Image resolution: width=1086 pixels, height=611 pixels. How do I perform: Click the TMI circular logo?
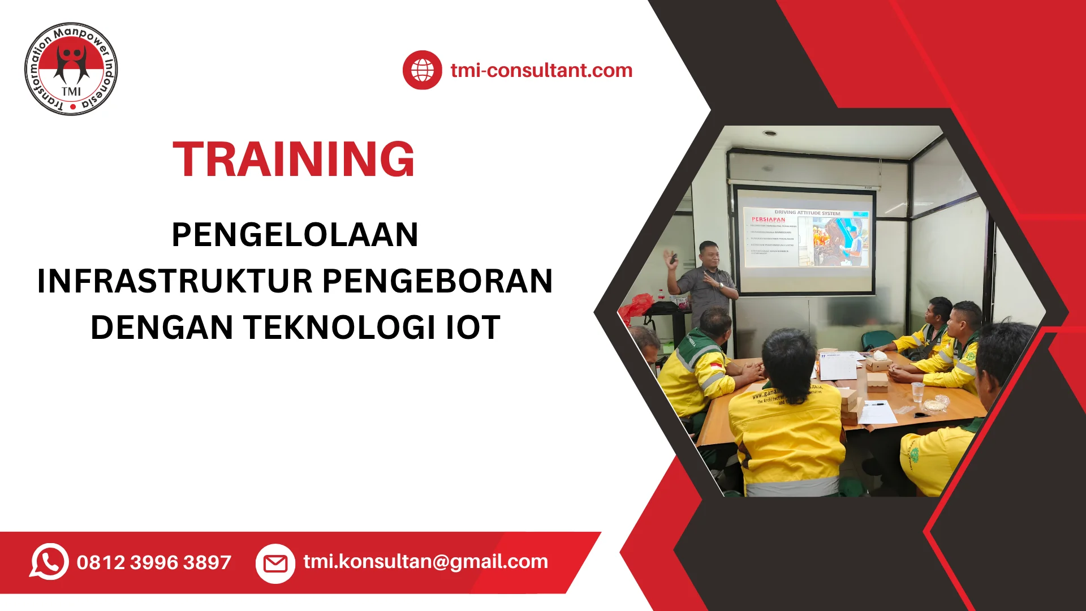coord(71,70)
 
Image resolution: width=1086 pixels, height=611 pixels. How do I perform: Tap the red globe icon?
coord(422,70)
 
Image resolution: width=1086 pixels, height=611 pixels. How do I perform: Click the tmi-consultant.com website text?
coord(541,71)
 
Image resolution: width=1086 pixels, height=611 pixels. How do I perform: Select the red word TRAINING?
coord(294,160)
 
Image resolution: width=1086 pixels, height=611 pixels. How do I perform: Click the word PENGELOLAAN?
coord(295,235)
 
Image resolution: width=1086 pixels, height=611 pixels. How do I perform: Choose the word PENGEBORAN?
coord(438,281)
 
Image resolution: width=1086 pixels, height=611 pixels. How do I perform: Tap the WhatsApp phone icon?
coord(49,562)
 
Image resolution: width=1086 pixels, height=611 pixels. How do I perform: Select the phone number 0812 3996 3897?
coord(154,562)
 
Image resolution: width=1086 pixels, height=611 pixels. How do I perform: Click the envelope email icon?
coord(275,563)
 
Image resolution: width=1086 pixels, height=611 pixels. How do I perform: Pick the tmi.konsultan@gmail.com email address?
coord(425,561)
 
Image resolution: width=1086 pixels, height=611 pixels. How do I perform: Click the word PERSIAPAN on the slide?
coord(768,220)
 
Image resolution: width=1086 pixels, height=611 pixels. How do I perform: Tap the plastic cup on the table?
coord(917,391)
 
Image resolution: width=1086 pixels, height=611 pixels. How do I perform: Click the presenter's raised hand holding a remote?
coord(671,260)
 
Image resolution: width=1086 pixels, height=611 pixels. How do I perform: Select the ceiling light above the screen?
coord(769,134)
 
